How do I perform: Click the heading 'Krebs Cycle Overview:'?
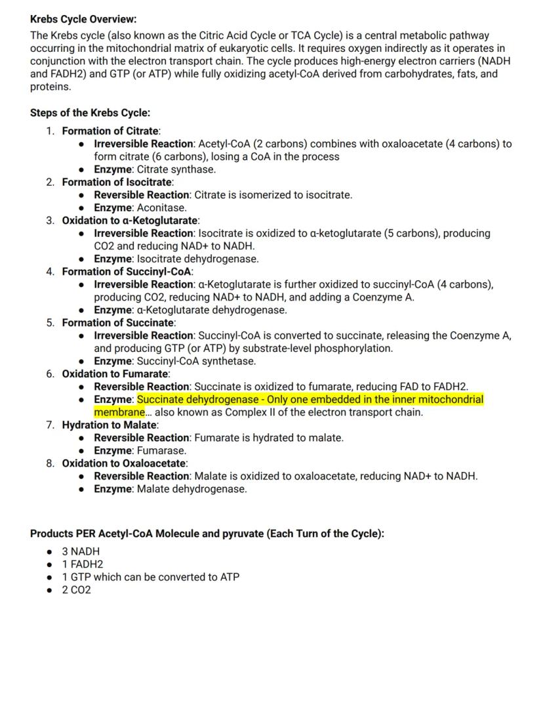[x=84, y=20]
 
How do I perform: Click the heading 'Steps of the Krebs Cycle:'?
[x=90, y=112]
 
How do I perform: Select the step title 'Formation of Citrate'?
[x=111, y=131]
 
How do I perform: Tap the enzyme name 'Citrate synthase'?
[x=176, y=169]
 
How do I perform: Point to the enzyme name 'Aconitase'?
[x=161, y=207]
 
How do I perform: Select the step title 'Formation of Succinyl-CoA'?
[x=127, y=271]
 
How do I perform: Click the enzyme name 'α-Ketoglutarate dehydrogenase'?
[x=211, y=310]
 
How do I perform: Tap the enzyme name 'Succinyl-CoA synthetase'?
[x=196, y=361]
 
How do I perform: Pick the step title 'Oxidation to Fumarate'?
[x=115, y=373]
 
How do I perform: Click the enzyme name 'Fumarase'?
[x=161, y=450]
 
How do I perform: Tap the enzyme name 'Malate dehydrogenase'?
[x=191, y=489]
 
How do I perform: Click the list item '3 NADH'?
[x=81, y=551]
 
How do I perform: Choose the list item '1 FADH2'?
[x=83, y=564]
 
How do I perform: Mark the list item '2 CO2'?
[x=77, y=589]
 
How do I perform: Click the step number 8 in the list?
[x=50, y=463]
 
